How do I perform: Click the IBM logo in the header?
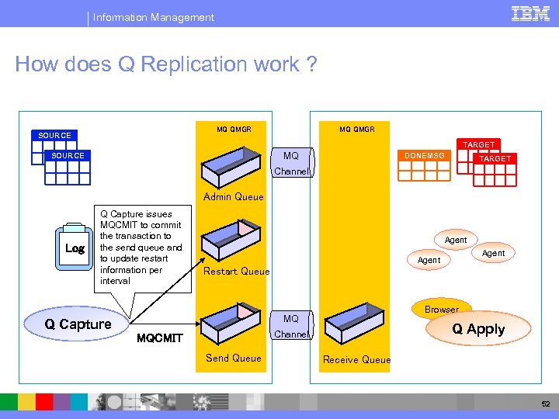tap(531, 13)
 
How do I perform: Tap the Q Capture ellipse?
tap(78, 324)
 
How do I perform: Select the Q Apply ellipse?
tap(479, 329)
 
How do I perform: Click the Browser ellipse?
tap(441, 309)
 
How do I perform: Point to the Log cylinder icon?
tap(75, 248)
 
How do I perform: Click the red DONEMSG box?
tap(424, 156)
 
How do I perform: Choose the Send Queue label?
tap(233, 358)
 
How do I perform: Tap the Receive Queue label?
tap(356, 359)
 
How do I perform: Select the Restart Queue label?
tap(236, 272)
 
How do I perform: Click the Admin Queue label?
tap(233, 197)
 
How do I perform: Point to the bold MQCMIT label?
tap(159, 338)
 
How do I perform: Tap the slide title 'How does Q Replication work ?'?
tap(166, 64)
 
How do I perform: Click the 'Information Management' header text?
tap(154, 17)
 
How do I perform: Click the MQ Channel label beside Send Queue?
tap(290, 327)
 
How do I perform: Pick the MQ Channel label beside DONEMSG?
tap(291, 164)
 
